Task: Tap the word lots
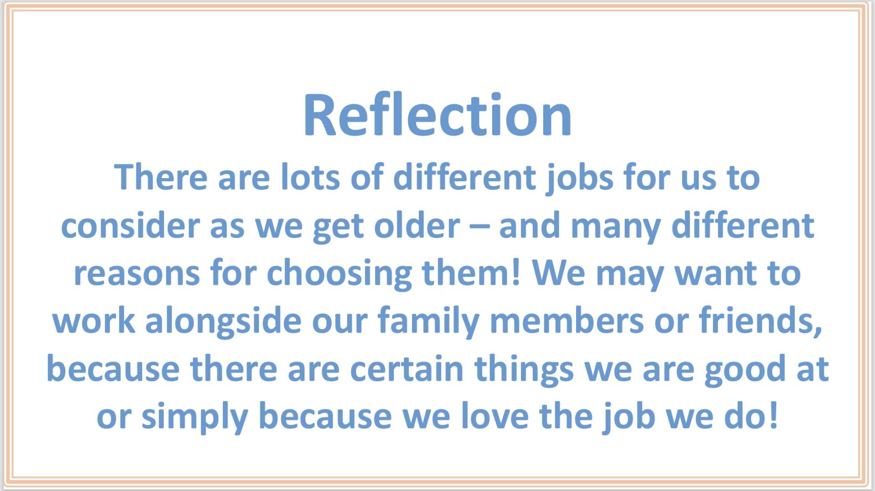tap(310, 177)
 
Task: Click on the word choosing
tap(339, 275)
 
